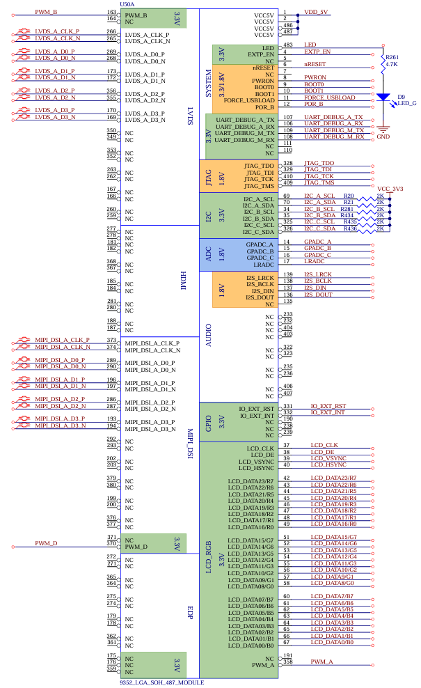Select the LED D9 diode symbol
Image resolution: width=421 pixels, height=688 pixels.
pyautogui.click(x=381, y=98)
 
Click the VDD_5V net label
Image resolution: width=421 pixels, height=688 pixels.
pyautogui.click(x=317, y=12)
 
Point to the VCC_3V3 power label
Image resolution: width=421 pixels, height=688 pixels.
pyautogui.click(x=390, y=188)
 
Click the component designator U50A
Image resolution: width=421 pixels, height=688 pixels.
pyautogui.click(x=127, y=4)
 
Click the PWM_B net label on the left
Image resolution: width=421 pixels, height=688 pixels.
pyautogui.click(x=46, y=12)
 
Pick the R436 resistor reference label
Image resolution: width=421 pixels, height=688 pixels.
pyautogui.click(x=349, y=228)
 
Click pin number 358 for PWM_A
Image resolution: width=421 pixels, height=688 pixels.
pyautogui.click(x=288, y=662)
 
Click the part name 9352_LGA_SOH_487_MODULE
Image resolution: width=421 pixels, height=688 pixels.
pyautogui.click(x=161, y=683)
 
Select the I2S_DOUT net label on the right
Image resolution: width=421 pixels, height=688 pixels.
pyautogui.click(x=318, y=295)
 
